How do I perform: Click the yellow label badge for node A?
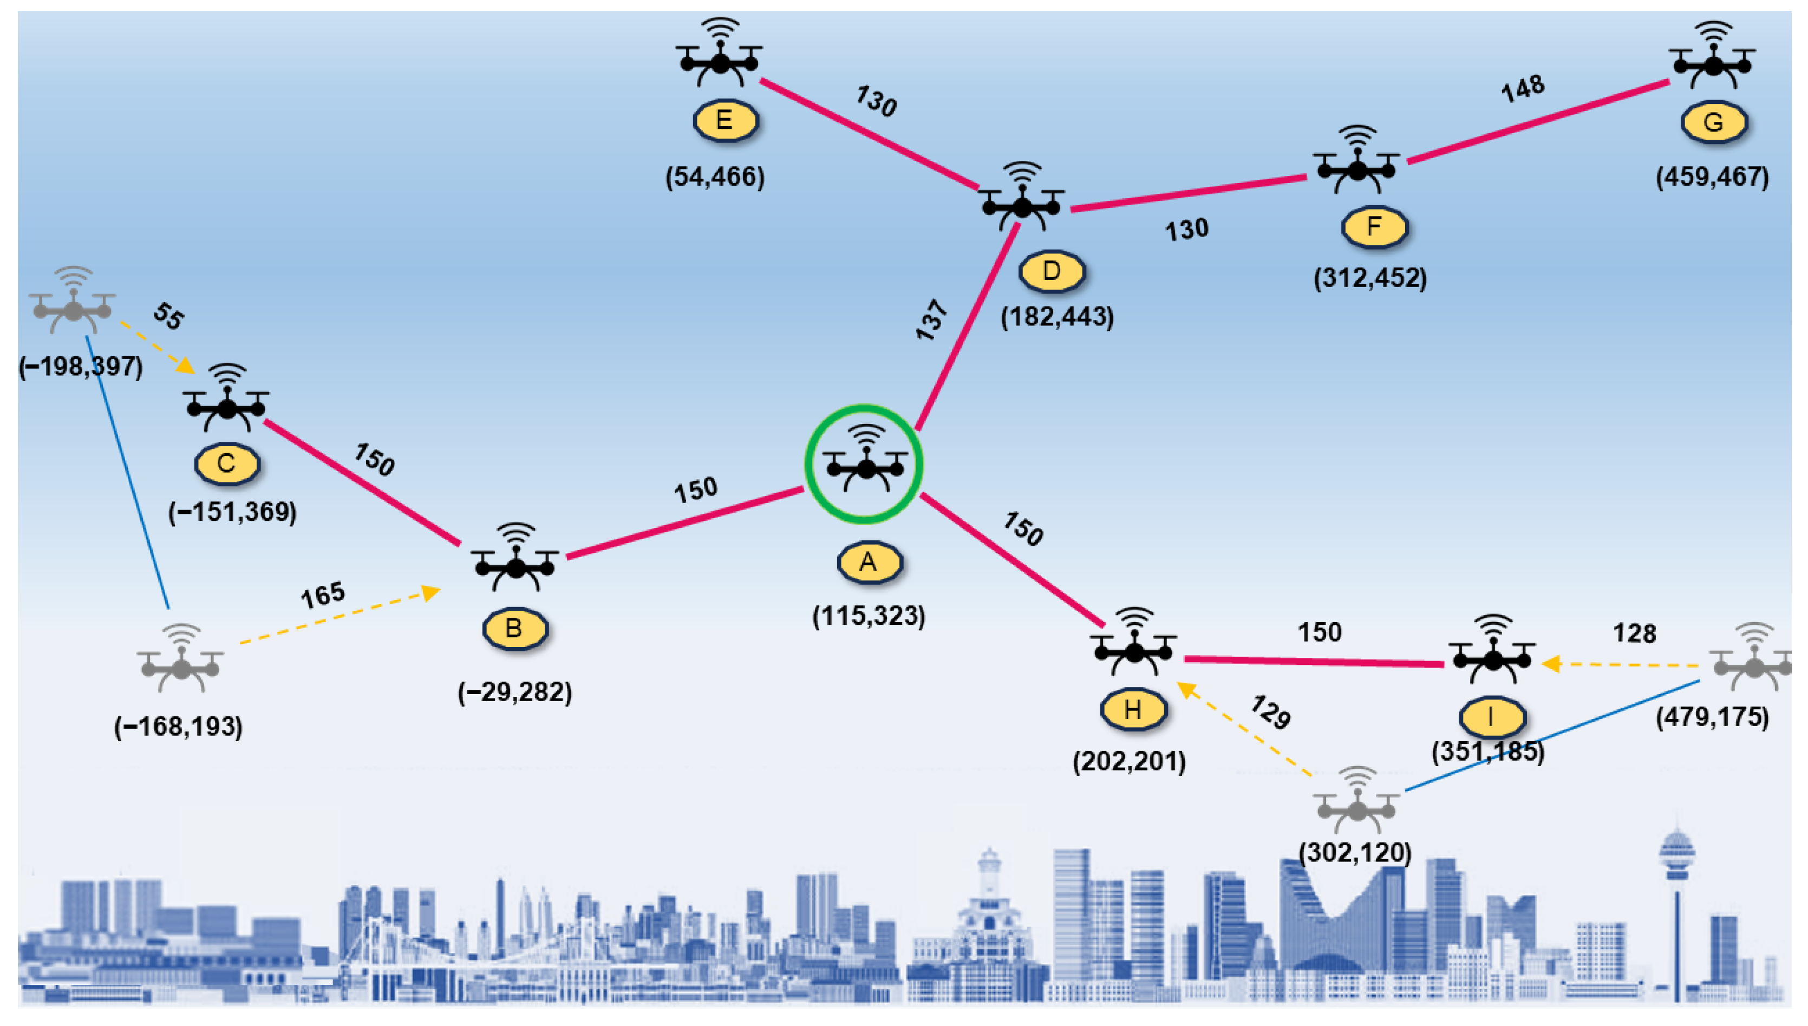point(868,563)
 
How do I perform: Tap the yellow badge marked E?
point(724,121)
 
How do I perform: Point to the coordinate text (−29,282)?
point(515,692)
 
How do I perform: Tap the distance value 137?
point(931,320)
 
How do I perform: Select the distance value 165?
point(323,596)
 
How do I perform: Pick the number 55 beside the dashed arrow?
point(168,316)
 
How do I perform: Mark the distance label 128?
point(1634,633)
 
